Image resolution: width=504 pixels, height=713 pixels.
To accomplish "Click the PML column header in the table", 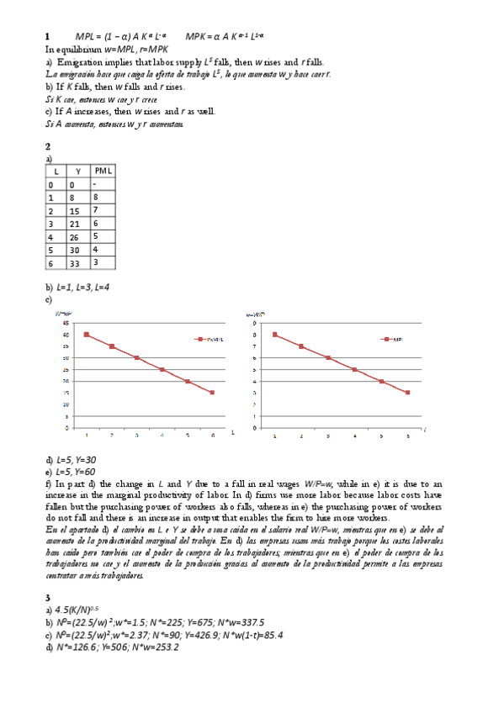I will pyautogui.click(x=103, y=171).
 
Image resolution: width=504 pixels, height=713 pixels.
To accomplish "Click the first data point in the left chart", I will pyautogui.click(x=87, y=334).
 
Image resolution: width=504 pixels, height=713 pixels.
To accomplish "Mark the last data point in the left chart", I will pyautogui.click(x=213, y=392).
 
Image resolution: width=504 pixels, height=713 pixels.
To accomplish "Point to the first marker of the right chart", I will pyautogui.click(x=274, y=334).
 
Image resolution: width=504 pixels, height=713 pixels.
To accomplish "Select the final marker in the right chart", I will pyautogui.click(x=408, y=392).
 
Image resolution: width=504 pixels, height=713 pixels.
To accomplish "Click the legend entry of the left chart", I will pyautogui.click(x=210, y=339).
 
